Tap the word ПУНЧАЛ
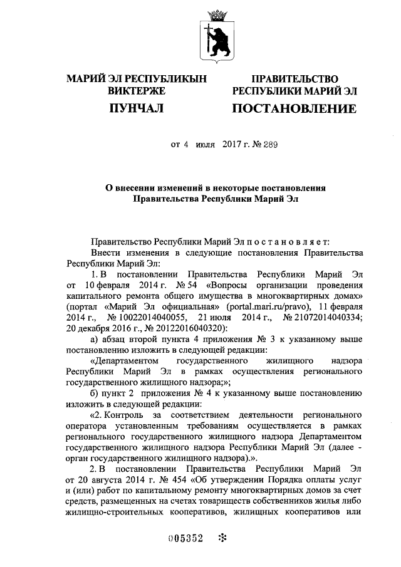point(136,109)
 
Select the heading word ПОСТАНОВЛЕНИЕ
point(294,109)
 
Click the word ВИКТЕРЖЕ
point(137,91)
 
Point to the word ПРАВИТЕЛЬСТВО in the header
point(294,79)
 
